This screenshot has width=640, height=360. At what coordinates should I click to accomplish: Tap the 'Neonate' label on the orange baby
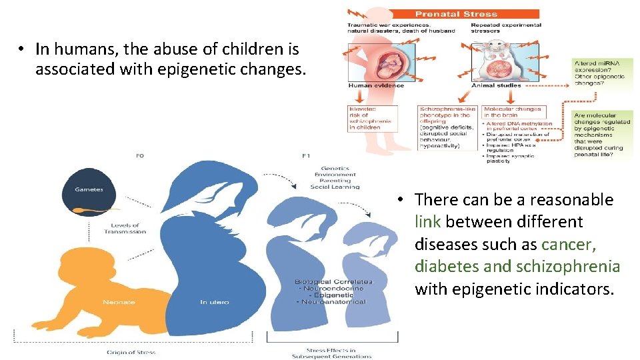pos(119,302)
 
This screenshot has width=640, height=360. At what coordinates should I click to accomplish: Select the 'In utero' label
pos(214,302)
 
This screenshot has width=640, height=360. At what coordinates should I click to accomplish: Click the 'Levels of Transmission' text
pos(125,229)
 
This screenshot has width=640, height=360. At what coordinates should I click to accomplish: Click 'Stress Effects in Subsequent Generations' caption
pos(332,353)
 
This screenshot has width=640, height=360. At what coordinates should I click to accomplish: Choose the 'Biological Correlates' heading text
pos(334,282)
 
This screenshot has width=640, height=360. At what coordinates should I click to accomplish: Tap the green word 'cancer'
pos(568,244)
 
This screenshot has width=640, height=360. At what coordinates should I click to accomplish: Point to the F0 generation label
pos(139,156)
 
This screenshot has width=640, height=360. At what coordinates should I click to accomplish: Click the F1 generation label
pos(305,156)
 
